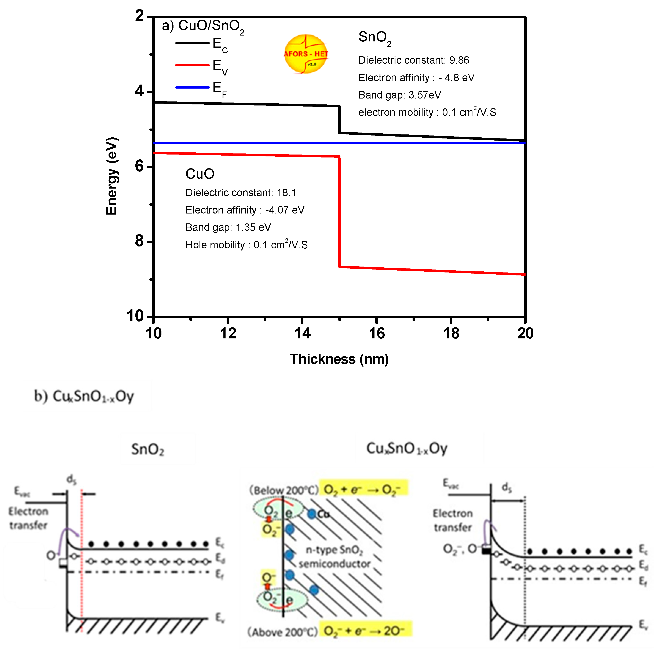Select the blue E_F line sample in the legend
click(192, 88)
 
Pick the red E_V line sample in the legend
click(192, 65)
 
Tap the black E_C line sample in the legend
click(192, 43)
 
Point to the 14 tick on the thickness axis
click(302, 333)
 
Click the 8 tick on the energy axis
click(140, 241)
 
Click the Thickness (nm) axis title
click(339, 359)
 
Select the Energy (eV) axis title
click(112, 176)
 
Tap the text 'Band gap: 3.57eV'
click(399, 95)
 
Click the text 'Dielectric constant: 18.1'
click(241, 193)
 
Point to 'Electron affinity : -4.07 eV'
click(245, 210)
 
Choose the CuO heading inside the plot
click(200, 174)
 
